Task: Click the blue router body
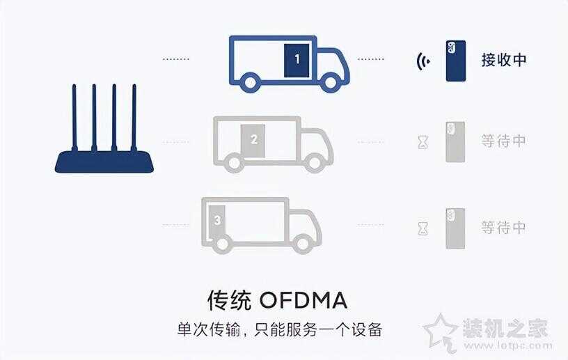point(104,162)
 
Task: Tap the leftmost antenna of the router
point(74,118)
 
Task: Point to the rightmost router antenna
point(134,118)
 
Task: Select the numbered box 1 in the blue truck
point(297,61)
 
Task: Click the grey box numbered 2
point(253,141)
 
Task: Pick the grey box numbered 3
point(216,221)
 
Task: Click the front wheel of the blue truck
point(330,82)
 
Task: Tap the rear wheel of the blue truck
point(250,82)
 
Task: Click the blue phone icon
point(456,61)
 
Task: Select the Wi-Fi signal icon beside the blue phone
point(423,61)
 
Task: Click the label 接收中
point(503,60)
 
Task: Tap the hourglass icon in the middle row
point(423,142)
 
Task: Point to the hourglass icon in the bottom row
point(423,229)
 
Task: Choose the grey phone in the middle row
point(455,142)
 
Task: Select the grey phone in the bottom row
point(455,228)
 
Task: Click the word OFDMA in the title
point(303,301)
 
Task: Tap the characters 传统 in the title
point(229,301)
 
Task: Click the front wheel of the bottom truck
point(303,244)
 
